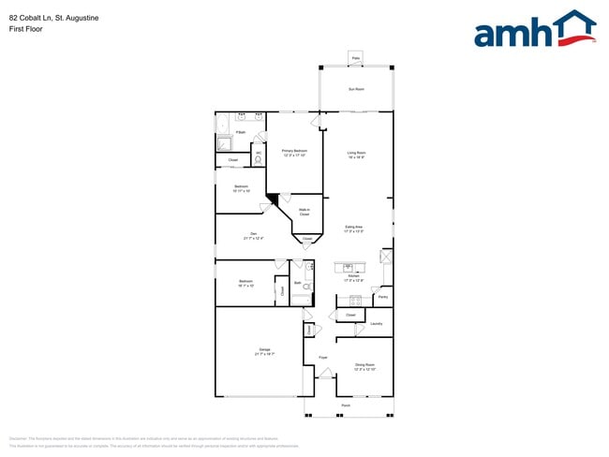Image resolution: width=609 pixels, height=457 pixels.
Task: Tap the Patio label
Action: tap(356, 58)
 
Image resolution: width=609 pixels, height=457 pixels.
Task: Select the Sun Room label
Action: tap(356, 89)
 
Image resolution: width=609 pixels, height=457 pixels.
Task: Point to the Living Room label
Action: tap(356, 154)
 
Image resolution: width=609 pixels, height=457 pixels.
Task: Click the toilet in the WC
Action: tap(258, 160)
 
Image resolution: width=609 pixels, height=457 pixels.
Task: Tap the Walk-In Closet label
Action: tap(304, 213)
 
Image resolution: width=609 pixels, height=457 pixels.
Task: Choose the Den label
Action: tap(253, 236)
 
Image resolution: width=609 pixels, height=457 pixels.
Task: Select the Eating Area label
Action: tap(354, 228)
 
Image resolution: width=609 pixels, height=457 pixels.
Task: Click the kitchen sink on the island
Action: tap(344, 267)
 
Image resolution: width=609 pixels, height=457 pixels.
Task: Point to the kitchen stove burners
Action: tap(355, 301)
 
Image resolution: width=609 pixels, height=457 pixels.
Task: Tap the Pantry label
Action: tap(382, 298)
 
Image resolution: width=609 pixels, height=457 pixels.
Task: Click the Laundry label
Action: tap(376, 323)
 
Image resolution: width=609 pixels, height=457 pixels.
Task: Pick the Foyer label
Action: tap(322, 357)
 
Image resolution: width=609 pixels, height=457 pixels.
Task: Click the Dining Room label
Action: tap(364, 367)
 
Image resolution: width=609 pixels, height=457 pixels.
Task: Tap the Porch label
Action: tap(346, 405)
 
